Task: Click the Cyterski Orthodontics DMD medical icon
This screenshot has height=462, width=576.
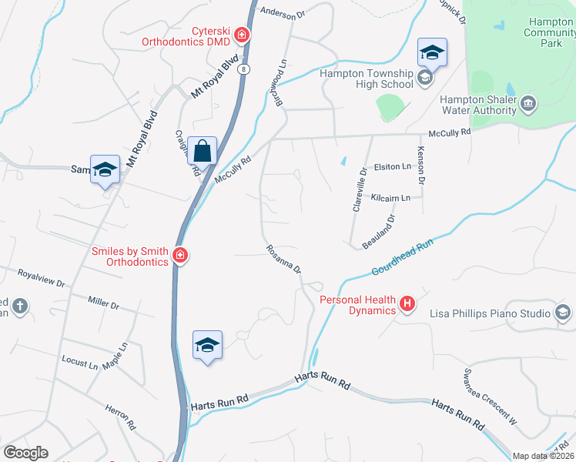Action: click(242, 35)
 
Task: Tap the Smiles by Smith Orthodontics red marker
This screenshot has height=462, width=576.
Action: click(180, 255)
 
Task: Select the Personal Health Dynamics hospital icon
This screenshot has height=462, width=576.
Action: click(407, 306)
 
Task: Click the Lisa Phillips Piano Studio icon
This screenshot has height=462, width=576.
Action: click(563, 313)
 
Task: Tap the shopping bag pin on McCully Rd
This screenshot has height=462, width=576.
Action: click(203, 150)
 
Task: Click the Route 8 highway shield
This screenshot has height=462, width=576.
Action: click(244, 69)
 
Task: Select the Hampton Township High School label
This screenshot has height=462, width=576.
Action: click(366, 79)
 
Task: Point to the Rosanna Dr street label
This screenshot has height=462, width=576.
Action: click(283, 259)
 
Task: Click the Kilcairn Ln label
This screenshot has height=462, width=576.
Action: click(390, 198)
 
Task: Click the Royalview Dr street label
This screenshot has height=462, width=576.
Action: click(41, 277)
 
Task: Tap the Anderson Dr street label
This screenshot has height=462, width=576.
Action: click(283, 12)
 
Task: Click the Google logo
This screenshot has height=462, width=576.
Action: click(25, 453)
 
